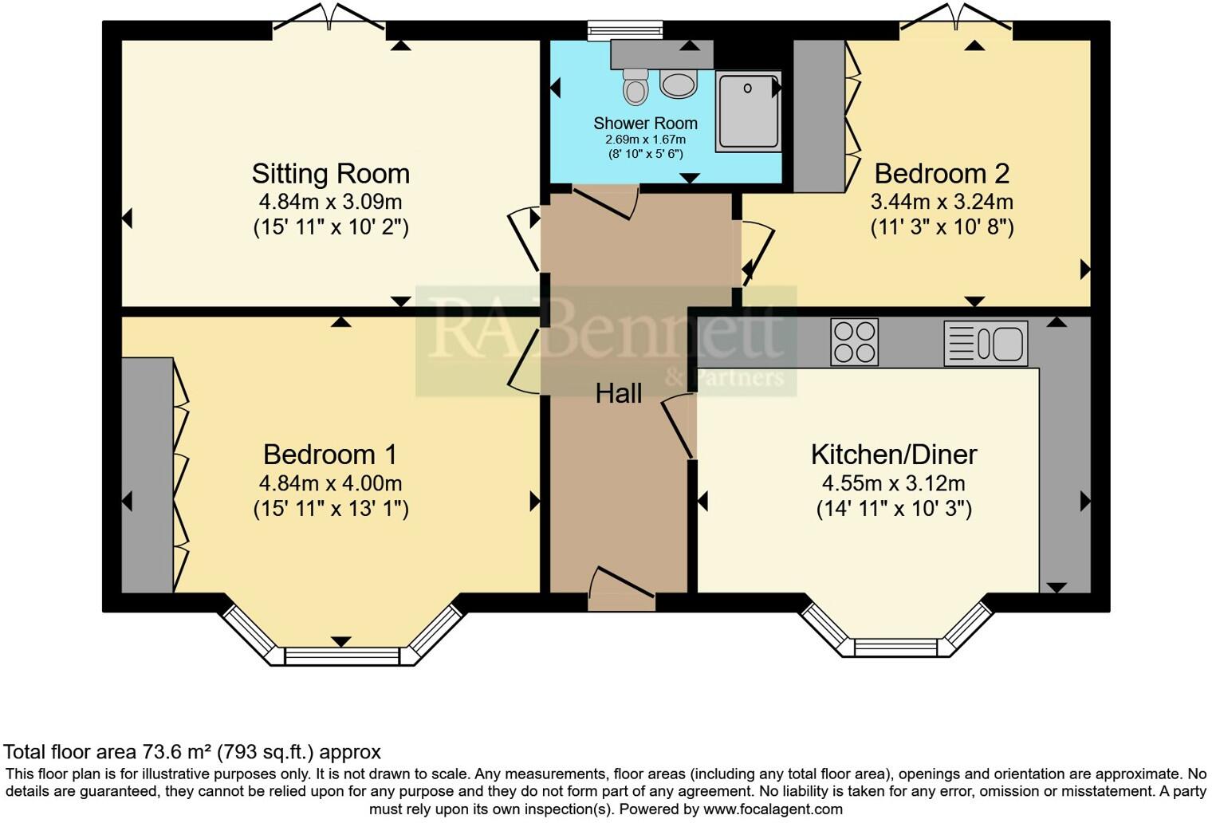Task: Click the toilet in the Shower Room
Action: [636, 87]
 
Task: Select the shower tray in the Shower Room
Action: [748, 111]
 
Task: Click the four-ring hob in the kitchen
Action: [854, 342]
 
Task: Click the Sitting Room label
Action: [330, 174]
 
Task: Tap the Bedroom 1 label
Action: [330, 455]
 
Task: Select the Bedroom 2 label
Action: [942, 174]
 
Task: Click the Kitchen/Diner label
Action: [894, 455]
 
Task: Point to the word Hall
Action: [619, 393]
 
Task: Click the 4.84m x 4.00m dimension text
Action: [330, 483]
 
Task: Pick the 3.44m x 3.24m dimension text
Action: [942, 202]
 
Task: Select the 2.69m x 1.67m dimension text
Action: [645, 140]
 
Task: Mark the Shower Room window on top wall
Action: [625, 30]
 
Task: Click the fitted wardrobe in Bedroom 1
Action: [148, 475]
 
